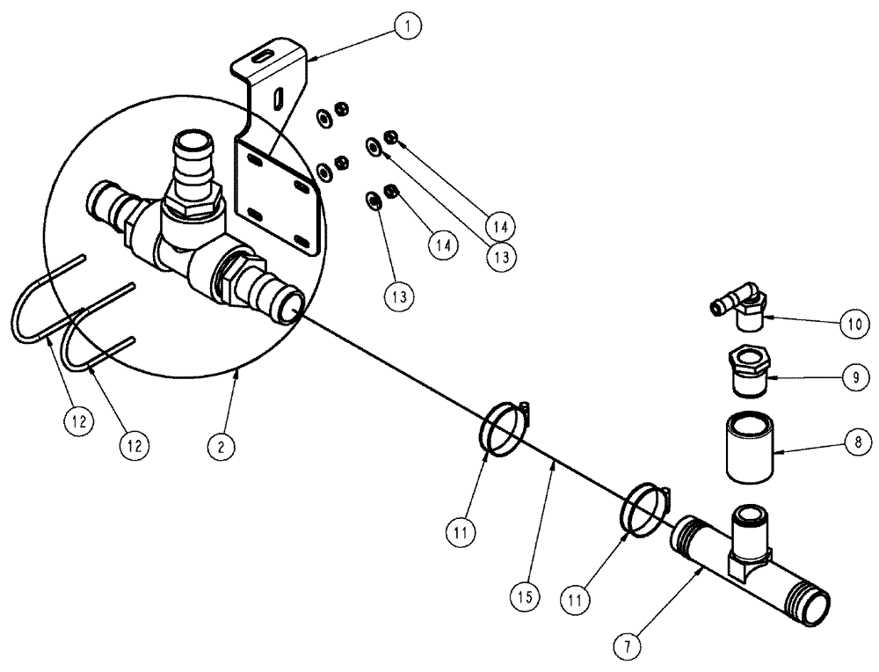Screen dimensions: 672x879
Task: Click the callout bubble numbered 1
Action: (x=407, y=26)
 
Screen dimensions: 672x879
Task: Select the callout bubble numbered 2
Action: (x=221, y=446)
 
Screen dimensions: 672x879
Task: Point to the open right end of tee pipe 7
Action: (x=817, y=608)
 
